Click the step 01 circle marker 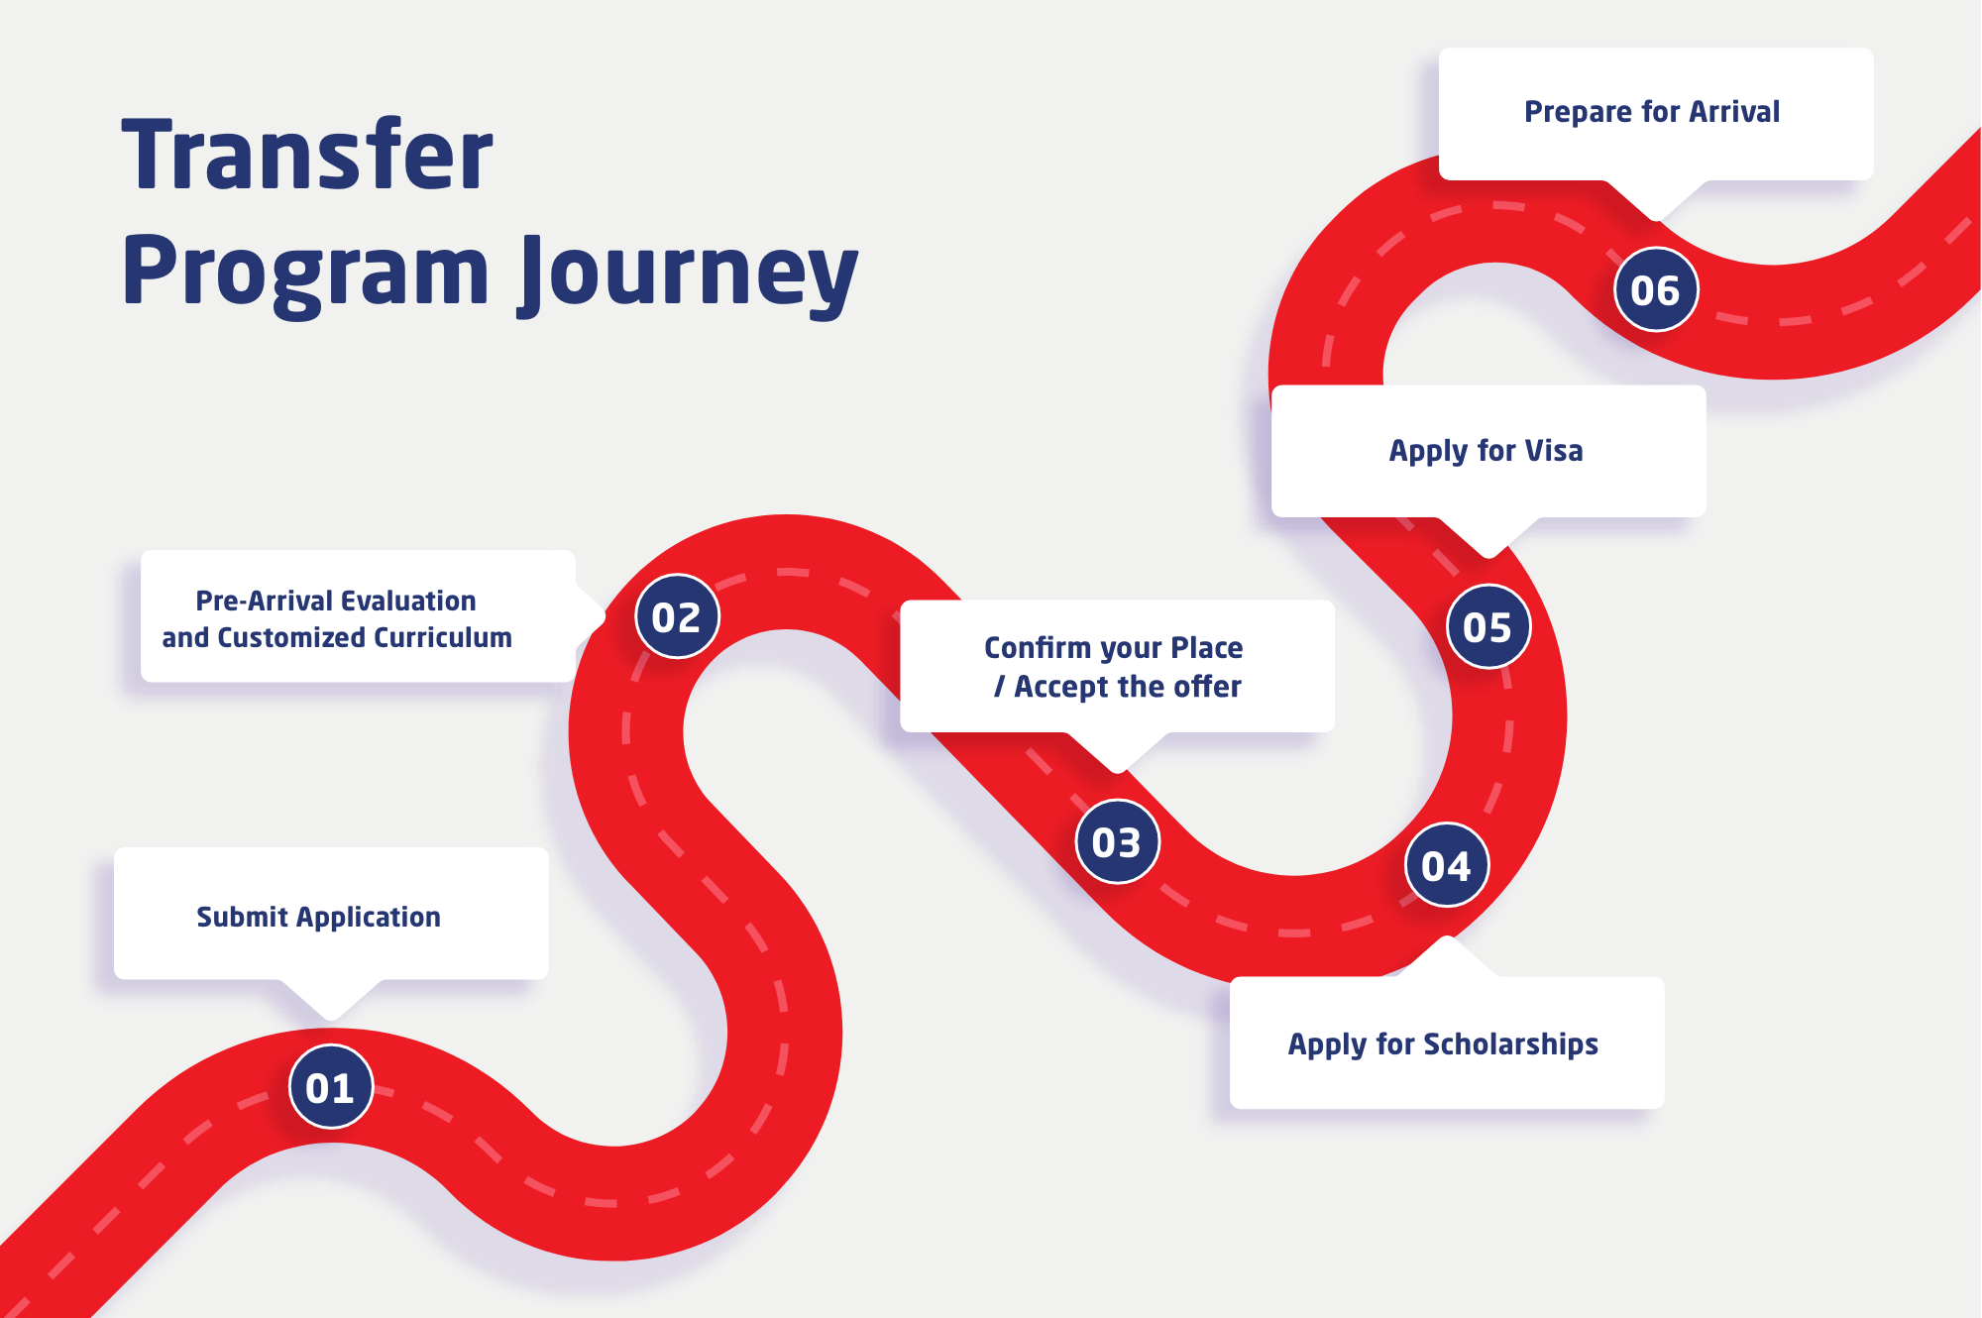click(331, 1087)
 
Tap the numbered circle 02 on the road click(677, 616)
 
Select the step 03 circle click(1117, 841)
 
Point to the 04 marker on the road click(1447, 865)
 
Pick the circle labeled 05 click(1488, 626)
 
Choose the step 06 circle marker click(1656, 289)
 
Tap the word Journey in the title click(690, 275)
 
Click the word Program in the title click(305, 275)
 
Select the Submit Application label click(318, 918)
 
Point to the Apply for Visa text click(1486, 451)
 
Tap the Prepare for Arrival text click(1652, 112)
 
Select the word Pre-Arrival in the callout click(264, 602)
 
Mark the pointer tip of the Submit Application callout click(332, 1020)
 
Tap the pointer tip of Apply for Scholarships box click(1448, 936)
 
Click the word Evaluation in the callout click(408, 602)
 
